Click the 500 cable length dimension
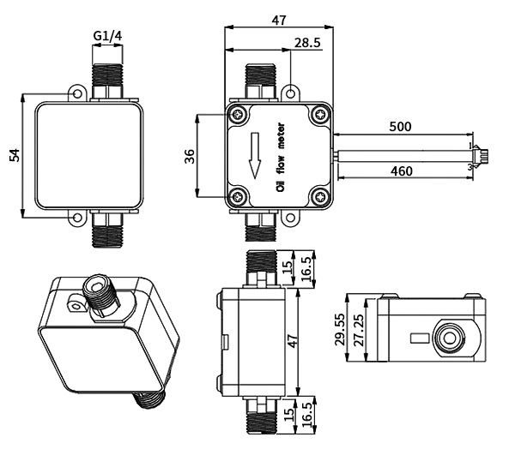click(399, 126)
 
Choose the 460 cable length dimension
click(400, 171)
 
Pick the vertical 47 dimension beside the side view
click(292, 341)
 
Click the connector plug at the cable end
click(482, 157)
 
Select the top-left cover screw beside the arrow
click(238, 116)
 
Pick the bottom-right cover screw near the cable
click(319, 197)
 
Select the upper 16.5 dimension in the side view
click(306, 267)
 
